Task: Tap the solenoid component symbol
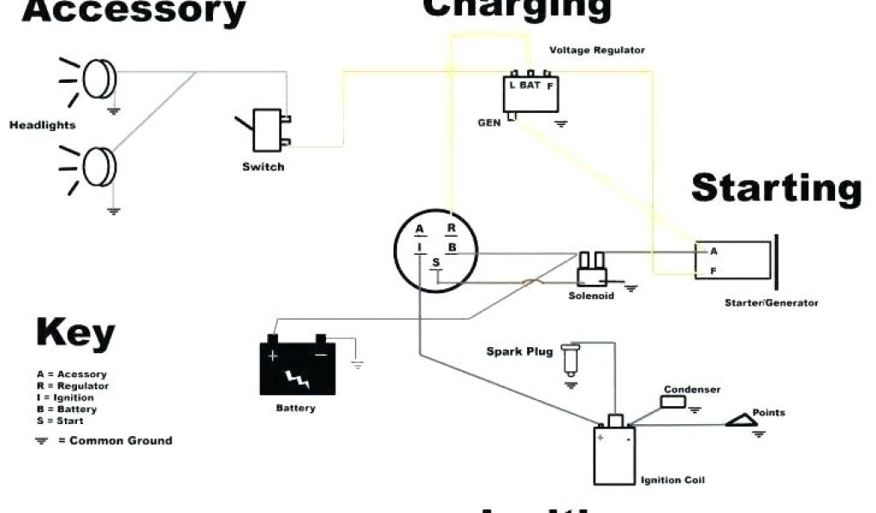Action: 591,269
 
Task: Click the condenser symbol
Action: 673,402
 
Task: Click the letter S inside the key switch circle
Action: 435,262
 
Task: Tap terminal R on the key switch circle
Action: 451,229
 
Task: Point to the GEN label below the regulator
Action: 489,123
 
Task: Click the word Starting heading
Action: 775,188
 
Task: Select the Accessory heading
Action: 123,12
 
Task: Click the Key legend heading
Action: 75,333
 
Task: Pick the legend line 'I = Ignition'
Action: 66,398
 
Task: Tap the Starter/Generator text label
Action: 771,303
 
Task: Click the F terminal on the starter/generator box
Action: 712,271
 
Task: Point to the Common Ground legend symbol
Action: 41,441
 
